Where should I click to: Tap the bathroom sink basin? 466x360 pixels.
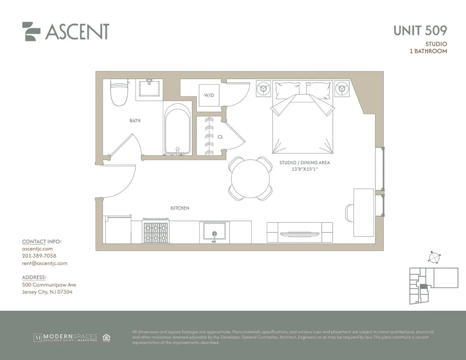(149, 89)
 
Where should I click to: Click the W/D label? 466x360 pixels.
(209, 95)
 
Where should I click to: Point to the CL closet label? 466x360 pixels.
(220, 137)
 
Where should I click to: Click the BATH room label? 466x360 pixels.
(135, 121)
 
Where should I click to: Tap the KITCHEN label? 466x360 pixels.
(180, 208)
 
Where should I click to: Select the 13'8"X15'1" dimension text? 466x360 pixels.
(305, 169)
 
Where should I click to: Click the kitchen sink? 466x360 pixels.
(214, 231)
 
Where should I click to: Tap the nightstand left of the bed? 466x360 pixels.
(263, 89)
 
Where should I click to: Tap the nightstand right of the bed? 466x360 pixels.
(342, 89)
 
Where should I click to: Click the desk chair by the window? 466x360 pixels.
(349, 213)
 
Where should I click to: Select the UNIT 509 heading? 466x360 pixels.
(420, 30)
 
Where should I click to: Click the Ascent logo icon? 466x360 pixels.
(32, 31)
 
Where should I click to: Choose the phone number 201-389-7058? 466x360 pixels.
(39, 256)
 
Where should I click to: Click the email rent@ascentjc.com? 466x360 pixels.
(45, 264)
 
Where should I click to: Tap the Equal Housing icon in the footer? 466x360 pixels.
(106, 338)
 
